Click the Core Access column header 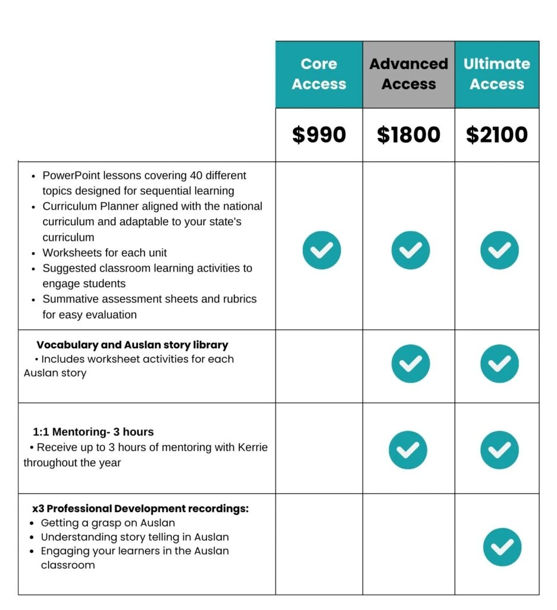tap(319, 74)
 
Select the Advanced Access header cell tap(408, 74)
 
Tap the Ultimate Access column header tap(497, 74)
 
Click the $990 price tap(319, 135)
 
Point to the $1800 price tap(408, 135)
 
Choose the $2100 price tap(497, 135)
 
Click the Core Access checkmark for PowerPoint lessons tap(322, 250)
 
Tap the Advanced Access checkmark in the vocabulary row tap(411, 363)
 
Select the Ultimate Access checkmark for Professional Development tap(502, 547)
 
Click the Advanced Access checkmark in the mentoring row tap(408, 450)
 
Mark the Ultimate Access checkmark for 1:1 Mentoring tap(499, 450)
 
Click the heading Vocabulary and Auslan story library tap(132, 345)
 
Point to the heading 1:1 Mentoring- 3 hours tap(93, 432)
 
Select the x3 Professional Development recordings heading tap(140, 509)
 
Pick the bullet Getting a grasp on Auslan tap(108, 523)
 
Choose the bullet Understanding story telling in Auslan tap(134, 537)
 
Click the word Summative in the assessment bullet tap(69, 299)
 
